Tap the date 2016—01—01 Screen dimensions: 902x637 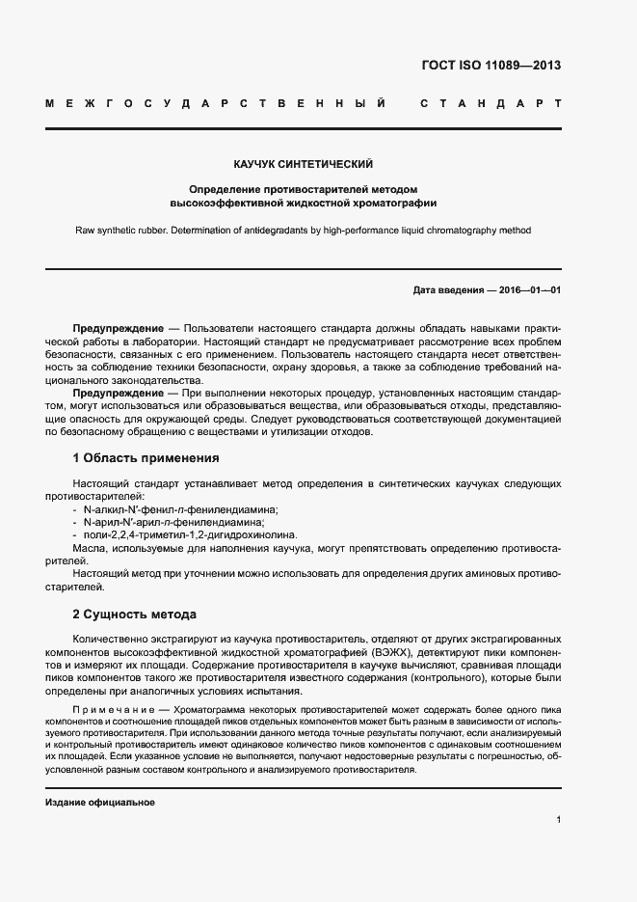529,290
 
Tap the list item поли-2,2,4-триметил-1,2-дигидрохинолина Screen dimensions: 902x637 191,534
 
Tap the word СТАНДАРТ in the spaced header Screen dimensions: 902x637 491,102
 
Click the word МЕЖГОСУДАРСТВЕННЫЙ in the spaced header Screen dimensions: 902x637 217,102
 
